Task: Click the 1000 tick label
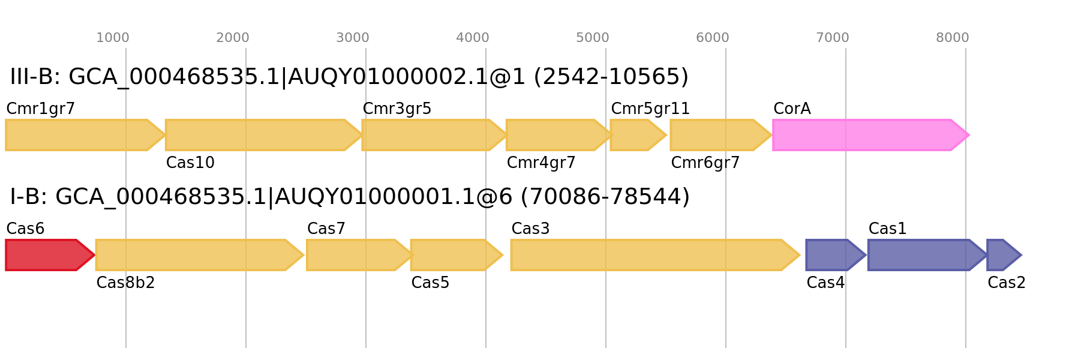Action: (x=113, y=38)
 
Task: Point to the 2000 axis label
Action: (x=233, y=38)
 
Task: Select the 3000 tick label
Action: (x=353, y=38)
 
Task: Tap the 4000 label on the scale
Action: (x=473, y=38)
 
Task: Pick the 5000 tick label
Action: (x=593, y=38)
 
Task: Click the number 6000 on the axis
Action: (x=713, y=38)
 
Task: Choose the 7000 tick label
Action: (x=833, y=38)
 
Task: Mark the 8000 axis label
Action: (x=953, y=38)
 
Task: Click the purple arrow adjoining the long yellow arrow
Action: (x=834, y=255)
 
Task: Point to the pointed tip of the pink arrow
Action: (x=969, y=135)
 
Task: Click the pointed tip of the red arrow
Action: (x=94, y=255)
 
